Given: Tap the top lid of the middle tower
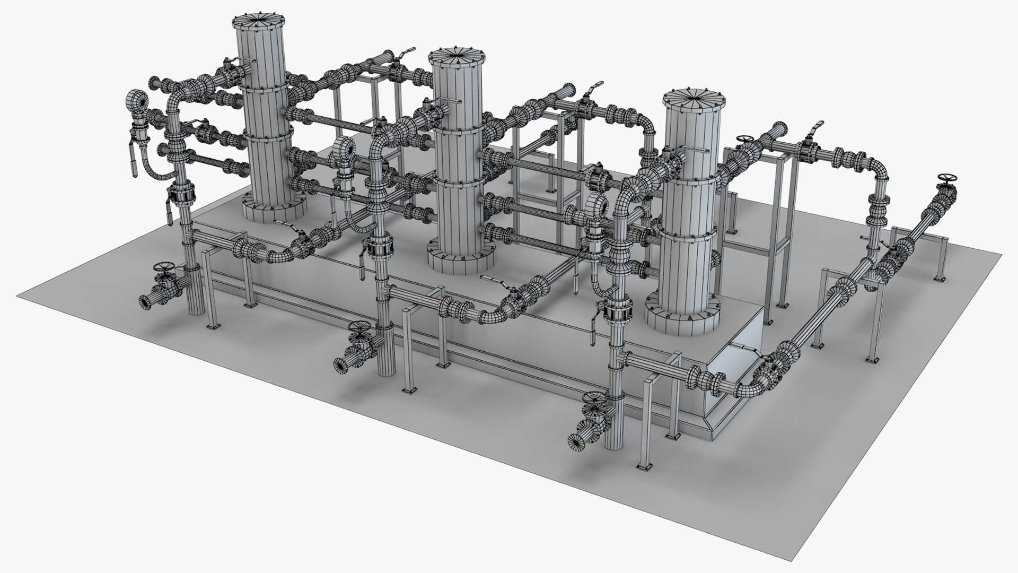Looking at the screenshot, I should point(457,55).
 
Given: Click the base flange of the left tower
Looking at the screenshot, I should point(274,210).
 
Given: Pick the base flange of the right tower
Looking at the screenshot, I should point(683,318).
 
